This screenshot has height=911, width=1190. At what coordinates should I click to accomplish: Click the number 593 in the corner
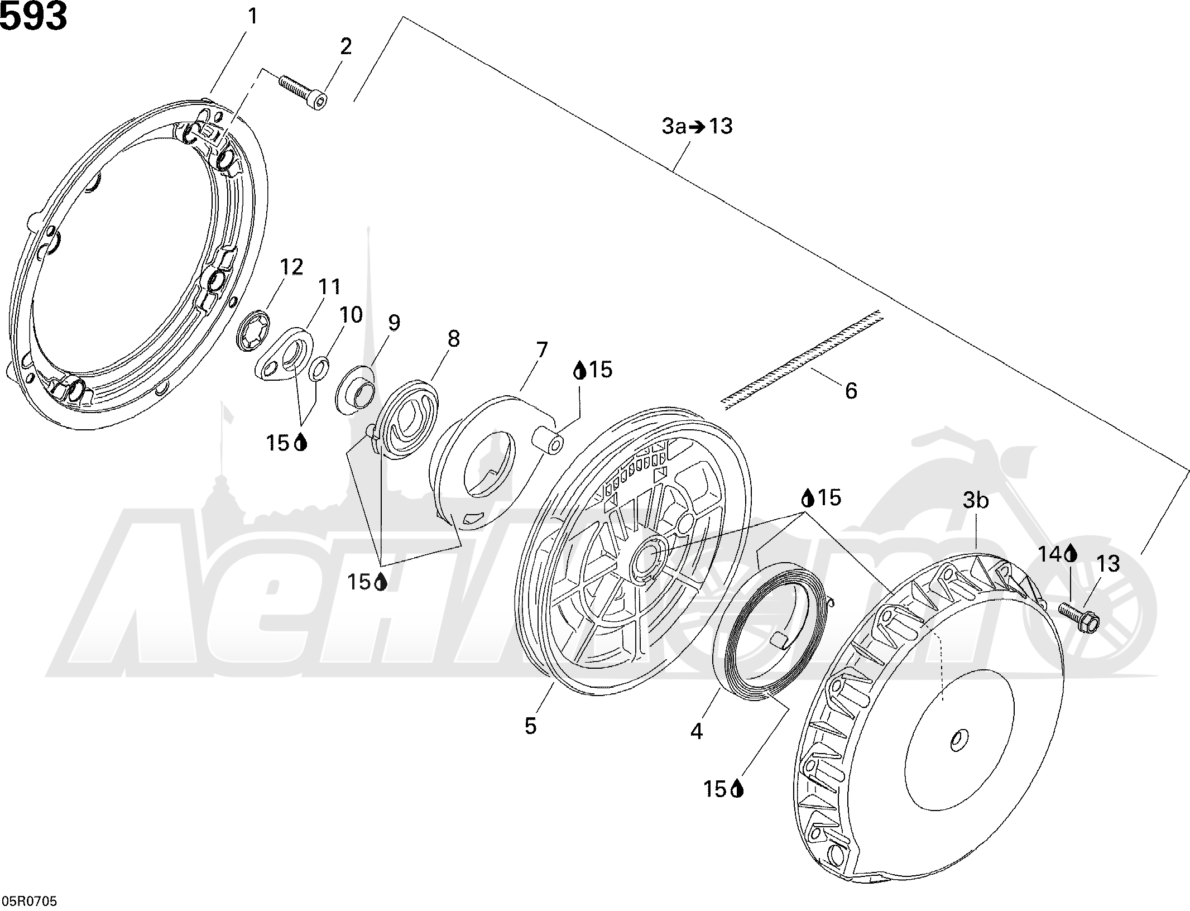(33, 17)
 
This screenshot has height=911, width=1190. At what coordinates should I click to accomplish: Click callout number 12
(291, 267)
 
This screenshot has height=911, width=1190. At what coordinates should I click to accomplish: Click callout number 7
(540, 351)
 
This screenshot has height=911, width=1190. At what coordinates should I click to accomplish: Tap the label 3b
(976, 501)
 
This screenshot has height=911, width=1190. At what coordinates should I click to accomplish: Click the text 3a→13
(697, 126)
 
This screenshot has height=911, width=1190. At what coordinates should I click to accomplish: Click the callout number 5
(530, 726)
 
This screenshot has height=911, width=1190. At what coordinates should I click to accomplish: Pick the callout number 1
(252, 17)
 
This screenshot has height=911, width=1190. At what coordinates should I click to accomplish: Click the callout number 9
(394, 323)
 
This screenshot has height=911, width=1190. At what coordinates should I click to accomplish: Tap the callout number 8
(453, 338)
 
